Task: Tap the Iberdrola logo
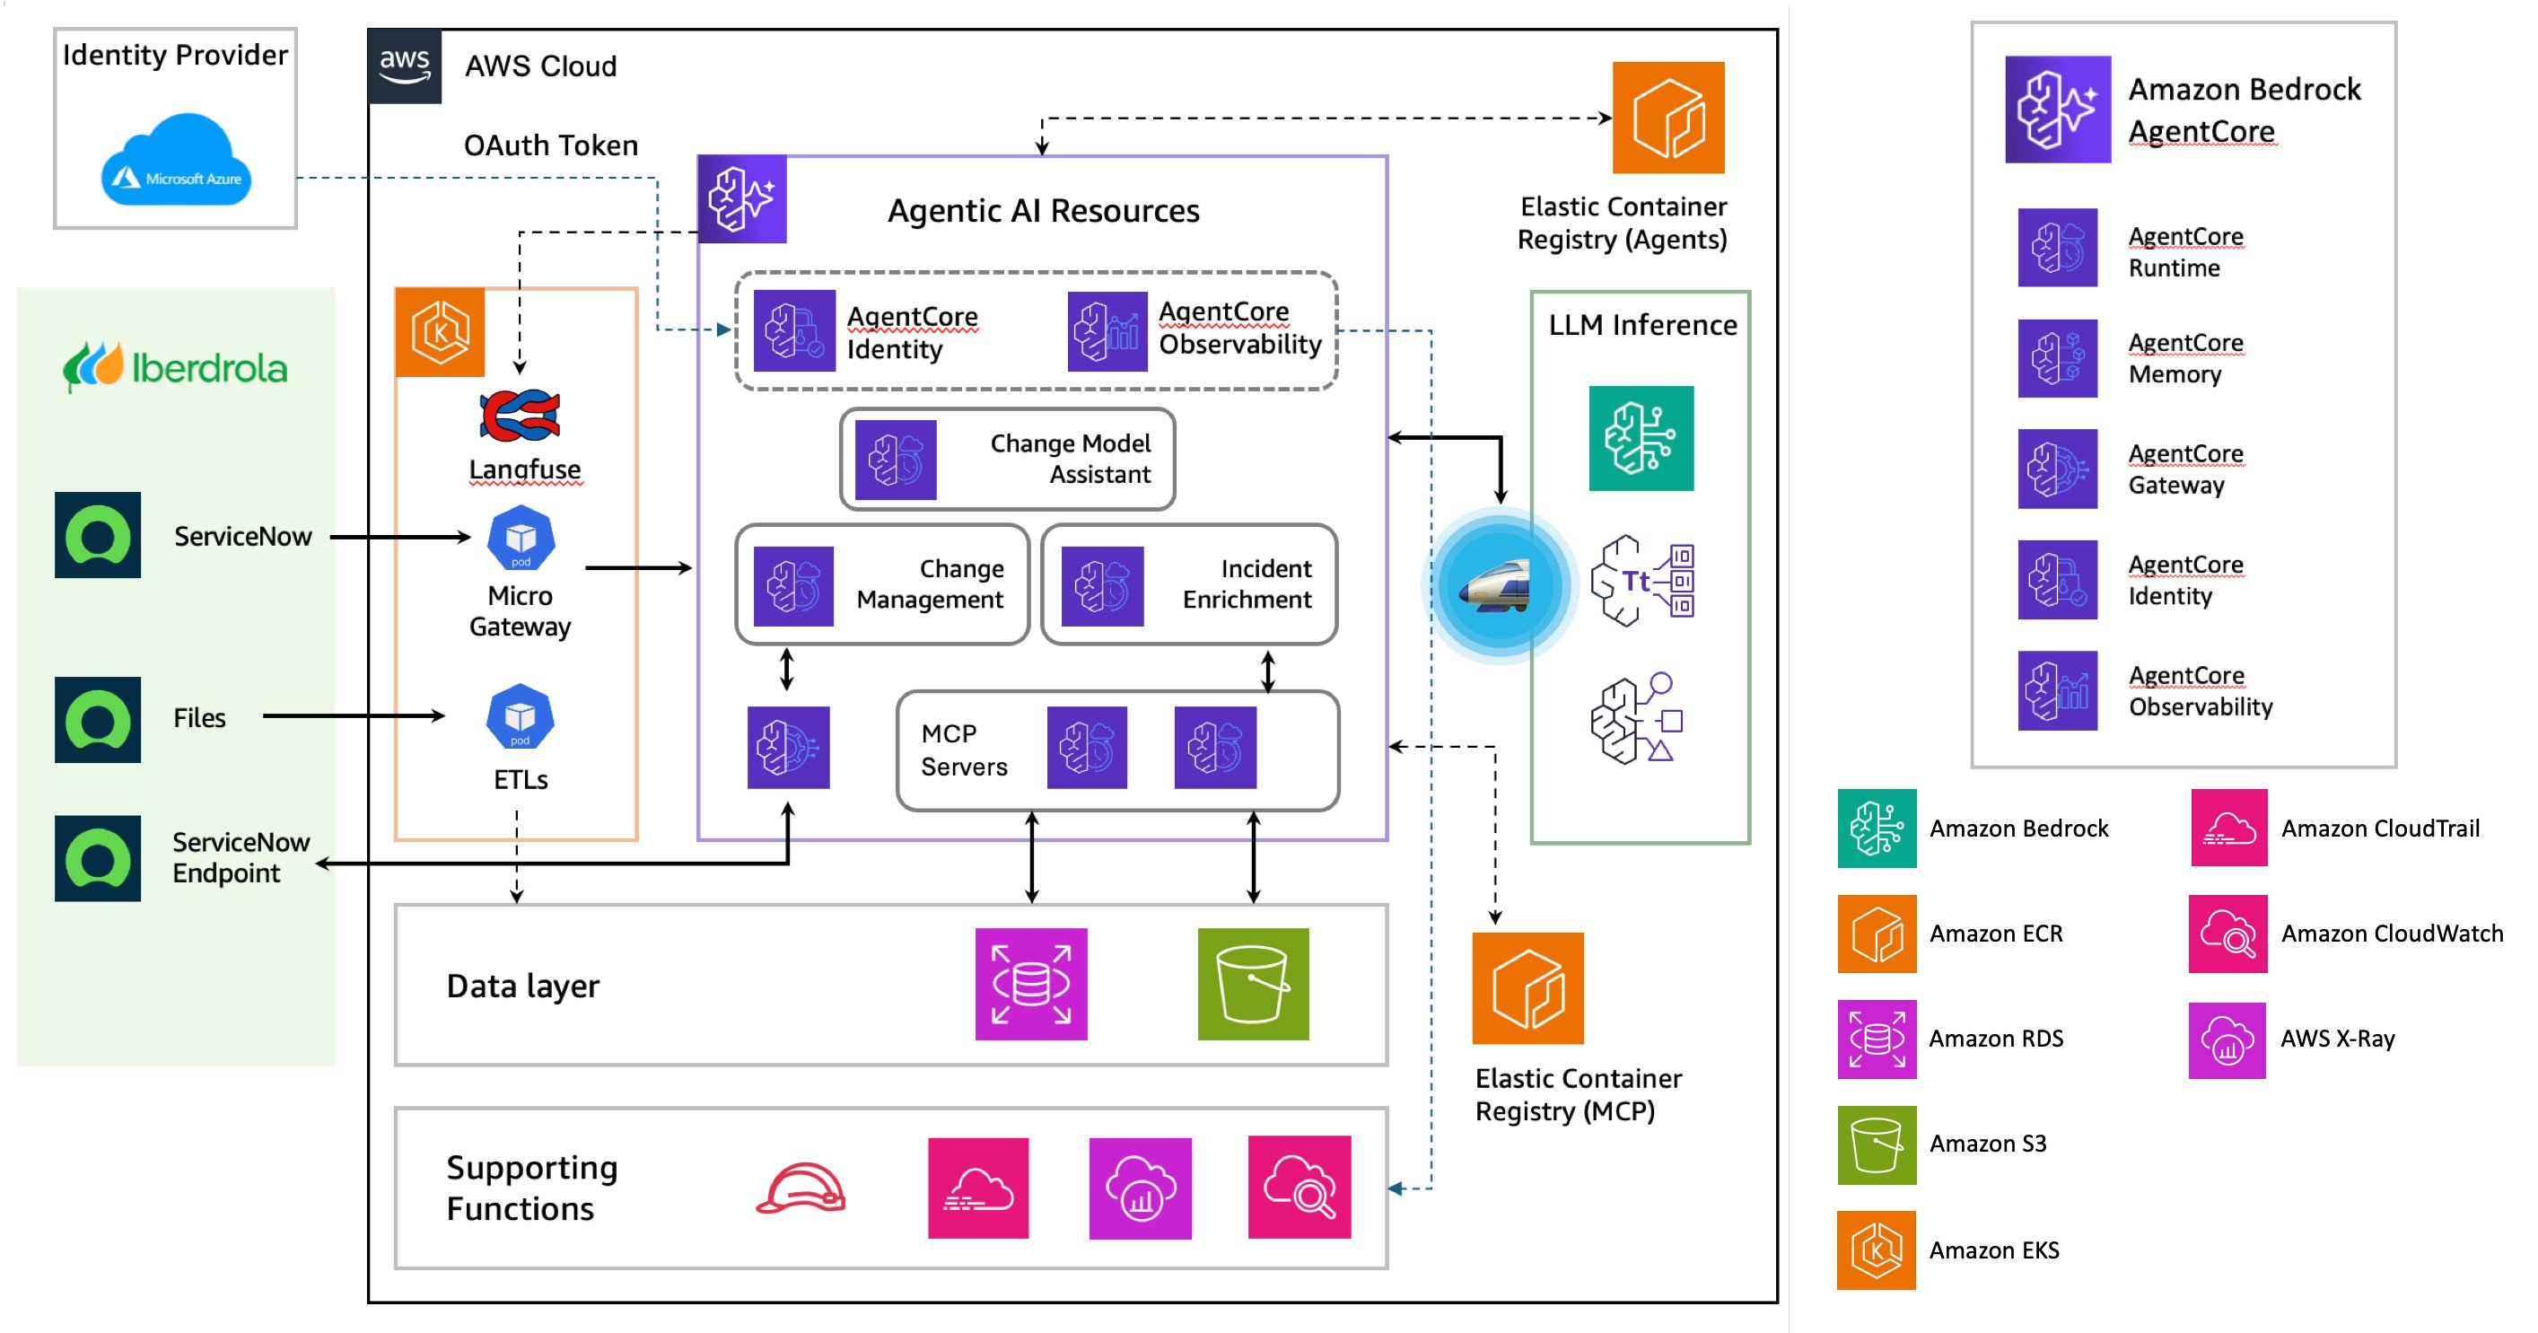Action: (x=175, y=366)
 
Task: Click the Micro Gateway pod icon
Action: (x=521, y=538)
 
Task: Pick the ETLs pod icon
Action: (x=521, y=716)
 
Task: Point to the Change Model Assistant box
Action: (x=1007, y=459)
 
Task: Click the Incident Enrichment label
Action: (x=1247, y=584)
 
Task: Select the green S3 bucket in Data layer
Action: (x=1253, y=984)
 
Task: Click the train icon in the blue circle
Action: (x=1499, y=585)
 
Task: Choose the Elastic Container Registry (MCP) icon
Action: (x=1527, y=988)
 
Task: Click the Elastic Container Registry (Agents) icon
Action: (x=1668, y=118)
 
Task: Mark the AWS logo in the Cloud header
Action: (x=405, y=66)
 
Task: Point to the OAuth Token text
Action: (x=551, y=145)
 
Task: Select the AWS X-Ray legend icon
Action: (x=2227, y=1040)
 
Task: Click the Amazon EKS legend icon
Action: (x=1876, y=1250)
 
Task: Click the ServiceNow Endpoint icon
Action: (x=98, y=858)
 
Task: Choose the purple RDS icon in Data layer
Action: (x=1030, y=984)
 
